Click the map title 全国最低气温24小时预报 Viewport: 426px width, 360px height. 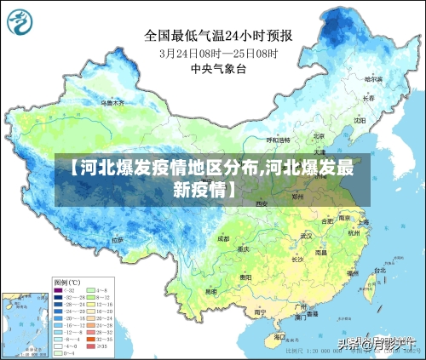218,36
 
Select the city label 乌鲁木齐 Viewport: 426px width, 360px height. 112,103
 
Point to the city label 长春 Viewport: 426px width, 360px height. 368,98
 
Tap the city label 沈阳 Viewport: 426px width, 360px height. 359,120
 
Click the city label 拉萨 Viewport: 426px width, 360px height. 116,240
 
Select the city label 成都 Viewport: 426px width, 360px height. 223,239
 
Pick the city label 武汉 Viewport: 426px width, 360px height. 307,236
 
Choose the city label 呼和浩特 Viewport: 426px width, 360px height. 279,140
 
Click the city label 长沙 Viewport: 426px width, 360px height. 297,258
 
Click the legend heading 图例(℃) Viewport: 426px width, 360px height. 66,282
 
